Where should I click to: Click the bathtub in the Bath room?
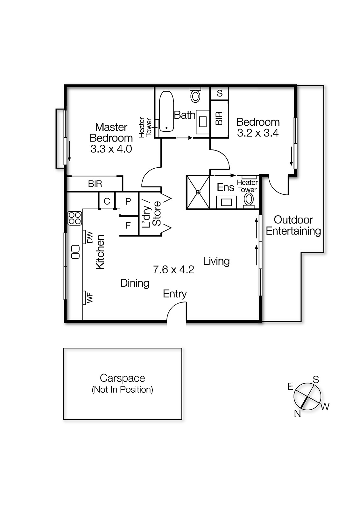[166, 111]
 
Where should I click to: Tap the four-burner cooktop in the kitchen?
[75, 218]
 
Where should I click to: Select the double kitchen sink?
[75, 252]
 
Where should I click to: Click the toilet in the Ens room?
[249, 199]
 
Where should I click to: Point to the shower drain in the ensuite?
[198, 192]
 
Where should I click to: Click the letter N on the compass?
[297, 413]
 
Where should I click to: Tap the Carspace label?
[122, 378]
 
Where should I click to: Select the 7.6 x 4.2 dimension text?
[173, 270]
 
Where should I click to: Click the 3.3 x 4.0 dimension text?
[111, 149]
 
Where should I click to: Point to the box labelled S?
[219, 93]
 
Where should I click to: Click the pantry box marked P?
[128, 201]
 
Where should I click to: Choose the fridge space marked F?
[128, 226]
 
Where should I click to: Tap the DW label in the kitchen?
[90, 237]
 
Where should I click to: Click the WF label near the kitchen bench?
[90, 298]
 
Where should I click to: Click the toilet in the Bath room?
[195, 95]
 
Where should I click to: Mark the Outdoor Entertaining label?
[293, 225]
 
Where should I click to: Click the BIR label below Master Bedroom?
[95, 184]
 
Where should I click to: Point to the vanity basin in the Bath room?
[203, 122]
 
